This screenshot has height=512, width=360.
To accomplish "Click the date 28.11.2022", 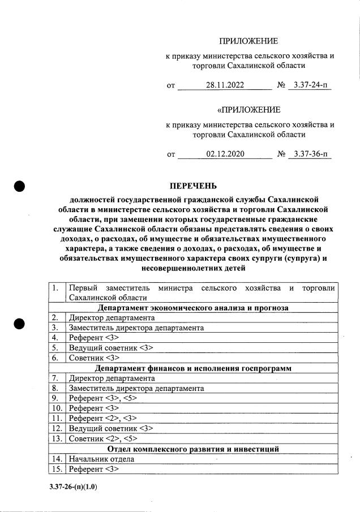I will pos(225,85).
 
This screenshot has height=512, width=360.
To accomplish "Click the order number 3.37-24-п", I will pos(310,85).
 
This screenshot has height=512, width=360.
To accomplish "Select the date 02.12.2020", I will pos(225,153).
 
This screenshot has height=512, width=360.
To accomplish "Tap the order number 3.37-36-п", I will pos(310,153).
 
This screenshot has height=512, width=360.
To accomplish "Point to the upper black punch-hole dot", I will pos(20,187).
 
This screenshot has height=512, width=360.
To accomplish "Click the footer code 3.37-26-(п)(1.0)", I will pos(73,485).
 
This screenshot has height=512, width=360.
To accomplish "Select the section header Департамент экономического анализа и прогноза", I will pos(193,308).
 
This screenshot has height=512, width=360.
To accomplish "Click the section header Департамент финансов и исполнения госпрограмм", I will pos(193,368).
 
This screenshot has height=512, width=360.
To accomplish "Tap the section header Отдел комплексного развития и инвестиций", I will pos(193,449).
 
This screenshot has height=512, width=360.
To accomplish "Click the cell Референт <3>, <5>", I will pos(102,398).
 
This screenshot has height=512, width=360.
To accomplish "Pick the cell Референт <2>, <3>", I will pos(102,419).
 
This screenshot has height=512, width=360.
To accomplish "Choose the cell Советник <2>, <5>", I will pos(102,439).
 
